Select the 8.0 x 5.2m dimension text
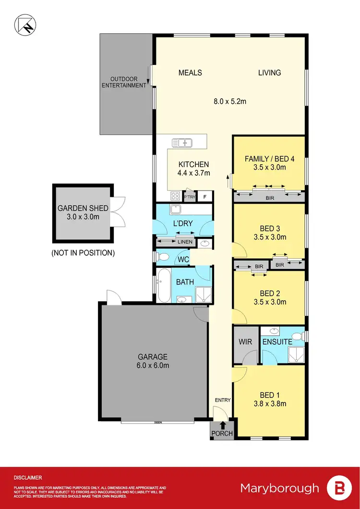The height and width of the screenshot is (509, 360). pos(230,101)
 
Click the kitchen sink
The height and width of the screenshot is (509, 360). pos(181,143)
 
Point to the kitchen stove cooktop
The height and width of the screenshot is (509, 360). pos(175,196)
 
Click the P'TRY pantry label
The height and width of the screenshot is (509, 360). pos(190,196)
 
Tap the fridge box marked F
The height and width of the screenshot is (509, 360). pos(205,196)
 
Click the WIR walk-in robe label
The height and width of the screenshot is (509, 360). pos(246,342)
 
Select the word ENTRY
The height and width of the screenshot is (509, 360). pos(223,400)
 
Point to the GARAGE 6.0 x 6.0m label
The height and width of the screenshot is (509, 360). pos(153,361)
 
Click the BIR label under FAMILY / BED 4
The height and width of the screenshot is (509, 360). pos(269,197)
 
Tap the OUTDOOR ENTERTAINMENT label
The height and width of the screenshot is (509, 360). pos(128,82)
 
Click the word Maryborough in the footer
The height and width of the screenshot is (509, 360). pos(279,488)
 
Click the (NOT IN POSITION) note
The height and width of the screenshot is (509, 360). pos(83,253)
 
